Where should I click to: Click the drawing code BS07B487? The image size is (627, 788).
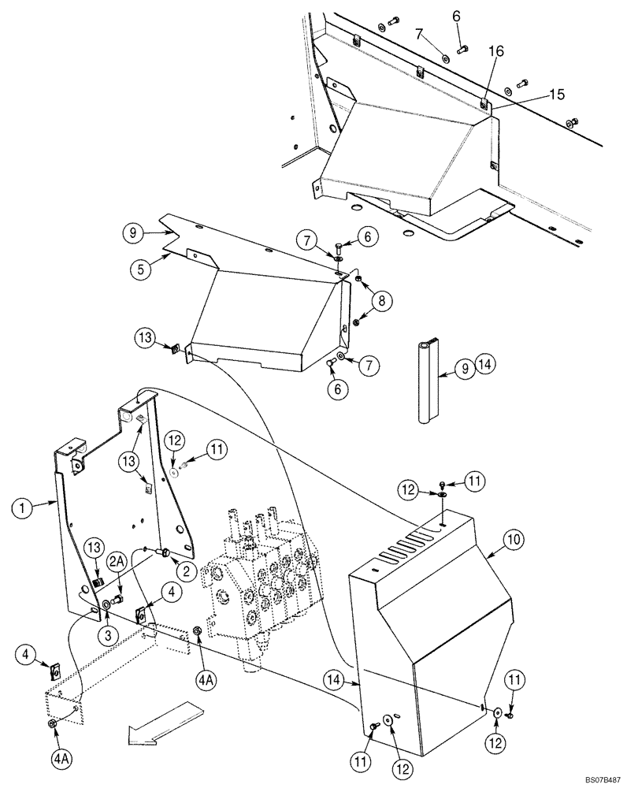click(x=597, y=777)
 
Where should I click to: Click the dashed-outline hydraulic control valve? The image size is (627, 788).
click(x=260, y=583)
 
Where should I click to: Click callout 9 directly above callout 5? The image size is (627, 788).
click(x=134, y=232)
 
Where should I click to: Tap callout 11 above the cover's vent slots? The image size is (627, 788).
click(x=476, y=480)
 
